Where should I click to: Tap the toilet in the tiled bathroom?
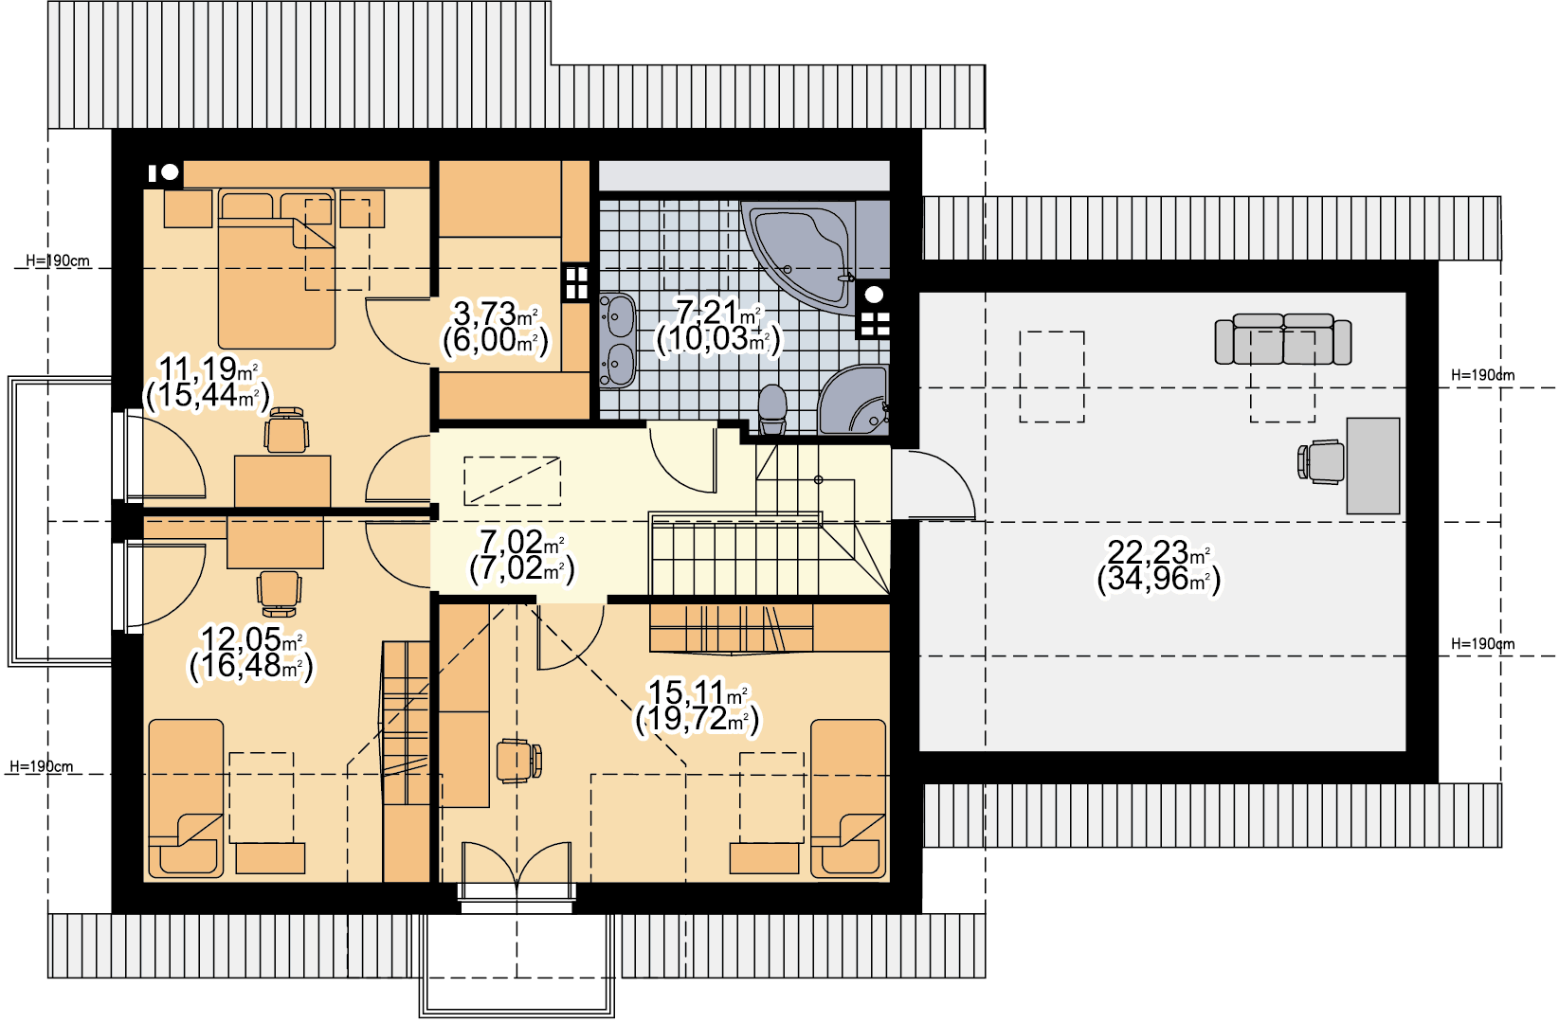[x=771, y=410]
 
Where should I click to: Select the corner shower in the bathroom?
[x=853, y=401]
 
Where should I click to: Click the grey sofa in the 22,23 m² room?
[x=1282, y=339]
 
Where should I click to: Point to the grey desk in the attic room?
[x=1372, y=466]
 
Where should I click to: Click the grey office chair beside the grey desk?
[x=1320, y=462]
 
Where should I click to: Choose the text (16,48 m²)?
[x=251, y=666]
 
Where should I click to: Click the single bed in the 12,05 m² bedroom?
[x=186, y=799]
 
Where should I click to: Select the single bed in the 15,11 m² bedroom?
[x=848, y=799]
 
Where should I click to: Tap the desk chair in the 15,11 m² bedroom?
[x=518, y=761]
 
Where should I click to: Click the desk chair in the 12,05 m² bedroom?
[x=279, y=593]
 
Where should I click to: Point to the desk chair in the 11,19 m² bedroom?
[x=286, y=430]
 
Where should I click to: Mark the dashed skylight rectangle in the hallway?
[x=512, y=480]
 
